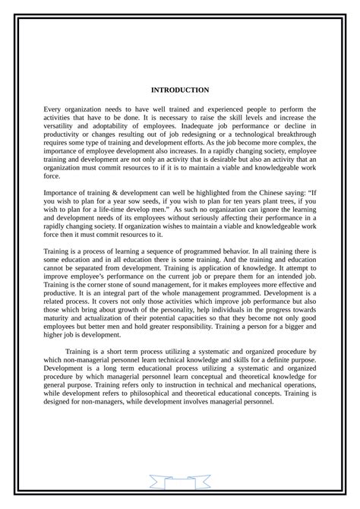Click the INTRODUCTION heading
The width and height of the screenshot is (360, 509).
[x=180, y=90]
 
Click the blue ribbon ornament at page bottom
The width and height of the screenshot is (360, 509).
[x=180, y=481]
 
